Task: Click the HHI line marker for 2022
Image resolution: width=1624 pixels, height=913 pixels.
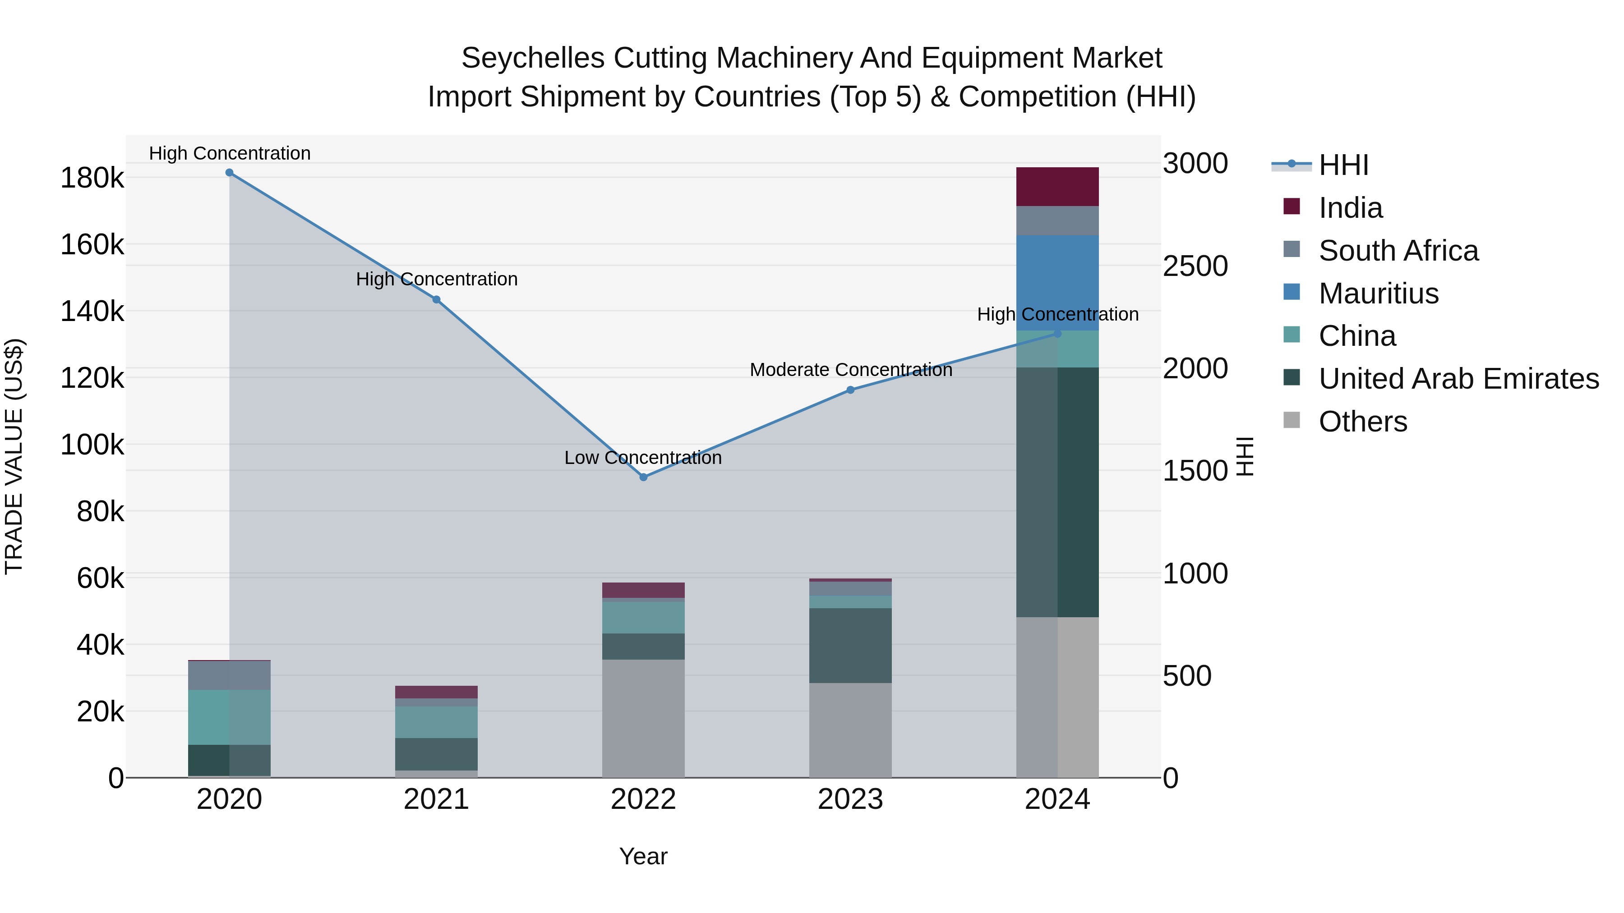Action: point(643,477)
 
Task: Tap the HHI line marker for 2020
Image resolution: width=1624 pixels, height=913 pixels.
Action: point(230,173)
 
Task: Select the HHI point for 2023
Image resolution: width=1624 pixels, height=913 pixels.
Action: point(850,390)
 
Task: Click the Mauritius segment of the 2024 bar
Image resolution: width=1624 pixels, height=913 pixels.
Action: point(1057,283)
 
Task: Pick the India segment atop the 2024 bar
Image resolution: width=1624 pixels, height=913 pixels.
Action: point(1057,187)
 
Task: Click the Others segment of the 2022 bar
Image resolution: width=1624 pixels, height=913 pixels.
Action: point(643,718)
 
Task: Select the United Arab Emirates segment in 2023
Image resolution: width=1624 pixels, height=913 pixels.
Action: point(850,645)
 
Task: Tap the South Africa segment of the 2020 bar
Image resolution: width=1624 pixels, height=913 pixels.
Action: point(230,675)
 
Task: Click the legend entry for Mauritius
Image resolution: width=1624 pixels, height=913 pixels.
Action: point(1378,294)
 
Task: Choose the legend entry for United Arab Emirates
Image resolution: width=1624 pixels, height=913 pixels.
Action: point(1458,379)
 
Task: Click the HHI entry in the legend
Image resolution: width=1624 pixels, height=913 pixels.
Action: point(1343,165)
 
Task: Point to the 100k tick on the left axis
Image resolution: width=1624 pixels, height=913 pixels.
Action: point(92,445)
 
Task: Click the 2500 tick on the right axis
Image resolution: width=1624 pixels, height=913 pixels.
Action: point(1195,266)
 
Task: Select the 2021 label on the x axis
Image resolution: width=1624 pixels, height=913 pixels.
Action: point(436,799)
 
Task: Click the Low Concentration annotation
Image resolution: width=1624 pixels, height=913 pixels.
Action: point(642,458)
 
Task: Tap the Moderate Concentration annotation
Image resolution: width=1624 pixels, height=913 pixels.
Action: point(850,370)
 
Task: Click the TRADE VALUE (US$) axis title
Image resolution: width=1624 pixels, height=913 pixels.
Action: point(14,456)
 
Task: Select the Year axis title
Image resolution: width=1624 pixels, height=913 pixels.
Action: point(643,856)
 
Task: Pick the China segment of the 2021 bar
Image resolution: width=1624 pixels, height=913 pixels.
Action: point(436,722)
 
